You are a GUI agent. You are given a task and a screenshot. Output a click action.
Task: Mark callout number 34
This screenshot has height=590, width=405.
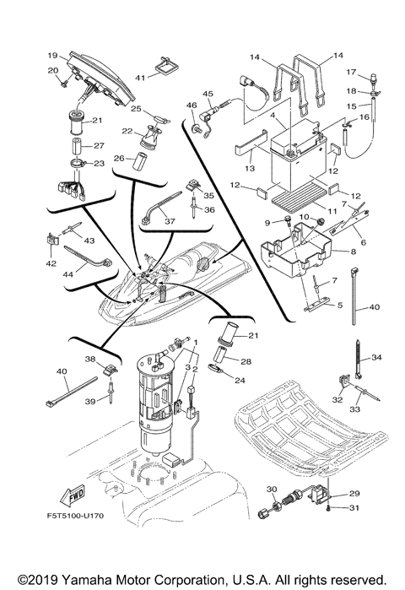376,358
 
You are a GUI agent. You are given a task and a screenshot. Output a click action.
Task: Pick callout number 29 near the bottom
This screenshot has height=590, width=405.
353,493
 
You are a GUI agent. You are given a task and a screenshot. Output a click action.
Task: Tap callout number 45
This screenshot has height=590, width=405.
208,93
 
